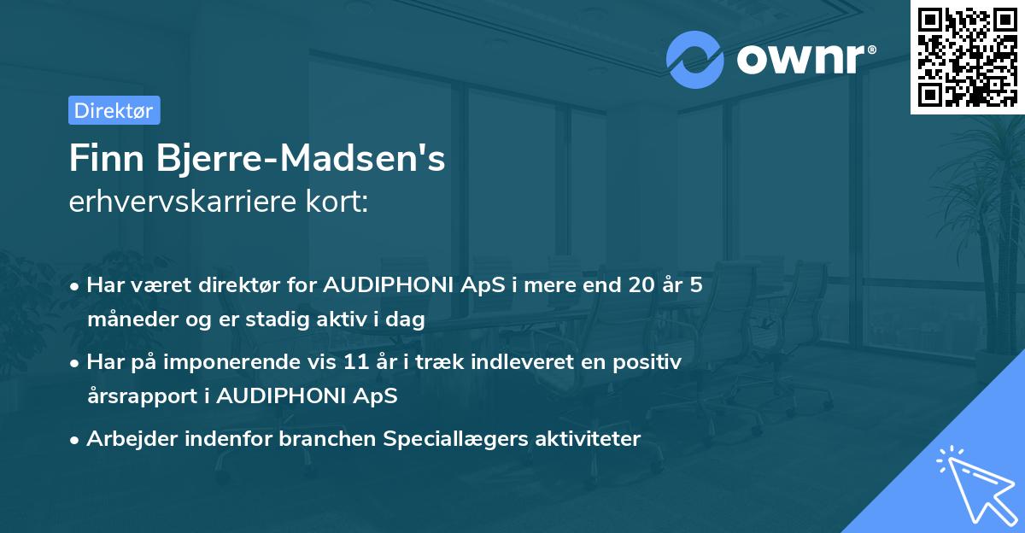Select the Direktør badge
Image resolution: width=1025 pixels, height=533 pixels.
tap(114, 110)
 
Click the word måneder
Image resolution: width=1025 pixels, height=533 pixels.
tap(126, 319)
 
